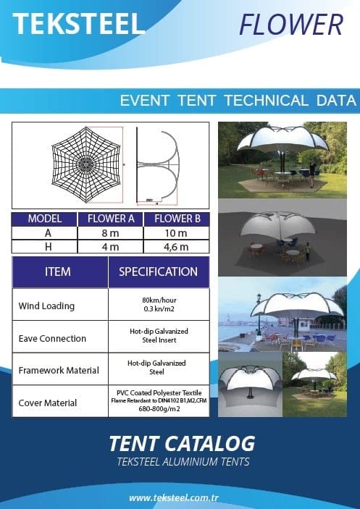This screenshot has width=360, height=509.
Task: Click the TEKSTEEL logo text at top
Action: (78, 24)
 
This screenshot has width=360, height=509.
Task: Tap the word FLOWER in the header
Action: (291, 25)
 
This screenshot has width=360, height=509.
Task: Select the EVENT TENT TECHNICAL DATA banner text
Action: (238, 101)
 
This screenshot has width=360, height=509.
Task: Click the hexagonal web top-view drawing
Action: (86, 164)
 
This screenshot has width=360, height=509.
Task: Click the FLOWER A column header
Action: (111, 219)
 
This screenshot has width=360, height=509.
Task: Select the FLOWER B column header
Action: (177, 219)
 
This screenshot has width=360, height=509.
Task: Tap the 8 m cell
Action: (110, 233)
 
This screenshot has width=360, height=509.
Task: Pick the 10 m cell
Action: (176, 233)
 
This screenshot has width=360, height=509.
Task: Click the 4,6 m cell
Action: (176, 247)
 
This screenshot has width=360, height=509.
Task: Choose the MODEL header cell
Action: (45, 219)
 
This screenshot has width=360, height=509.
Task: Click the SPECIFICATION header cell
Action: (159, 272)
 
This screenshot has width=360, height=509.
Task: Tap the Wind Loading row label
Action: (46, 306)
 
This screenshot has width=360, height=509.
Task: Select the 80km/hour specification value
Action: (159, 300)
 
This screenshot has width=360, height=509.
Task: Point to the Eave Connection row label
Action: (52, 338)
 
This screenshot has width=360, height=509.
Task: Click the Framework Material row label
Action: (59, 371)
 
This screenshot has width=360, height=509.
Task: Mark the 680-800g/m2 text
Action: (159, 409)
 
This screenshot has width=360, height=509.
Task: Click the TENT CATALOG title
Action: (182, 444)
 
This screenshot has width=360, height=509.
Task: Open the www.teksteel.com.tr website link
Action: (174, 498)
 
